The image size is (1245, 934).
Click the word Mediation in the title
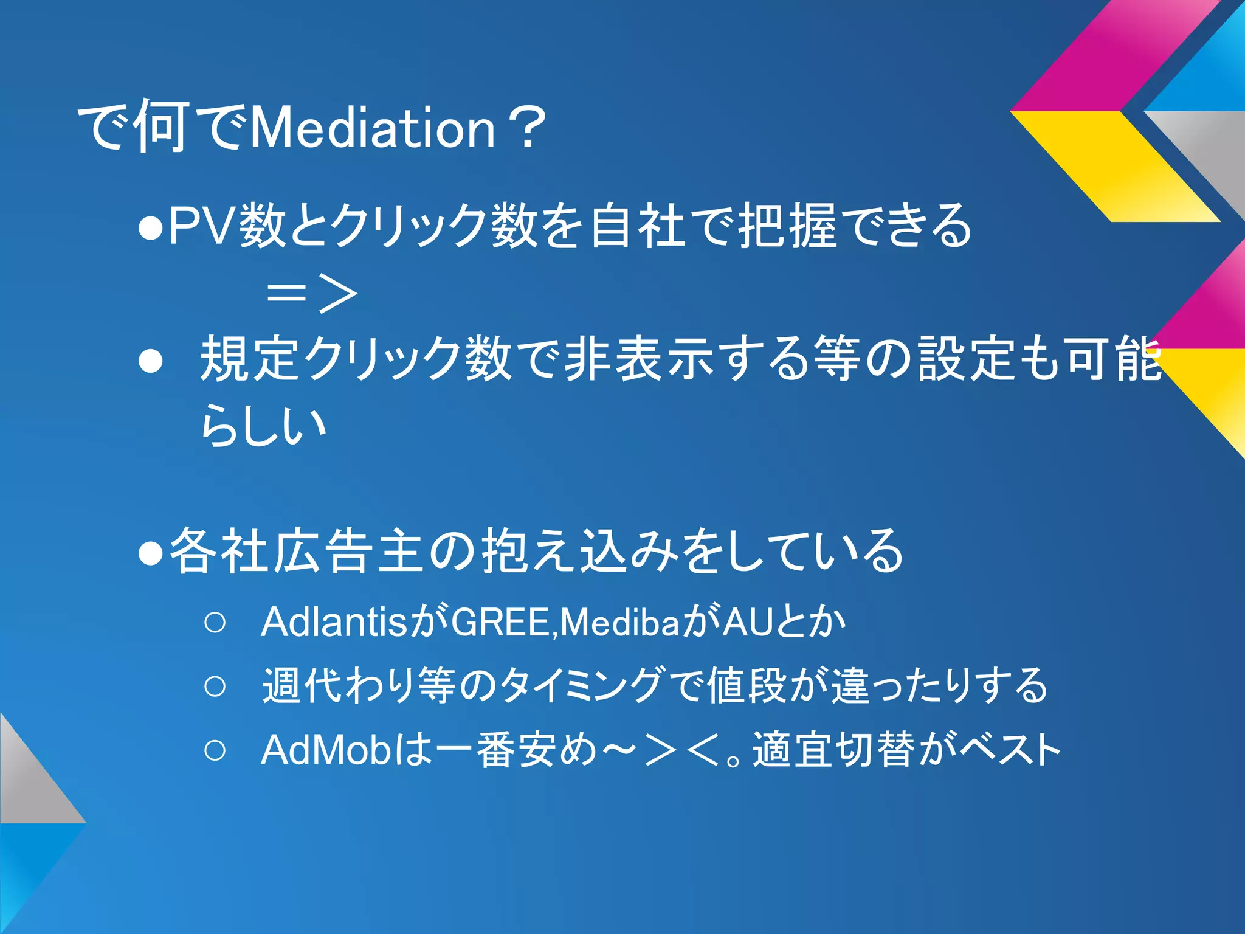click(372, 128)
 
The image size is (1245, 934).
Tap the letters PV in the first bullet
click(201, 226)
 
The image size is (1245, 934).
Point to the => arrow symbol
click(311, 294)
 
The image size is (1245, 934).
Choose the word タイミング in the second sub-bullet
click(581, 686)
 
